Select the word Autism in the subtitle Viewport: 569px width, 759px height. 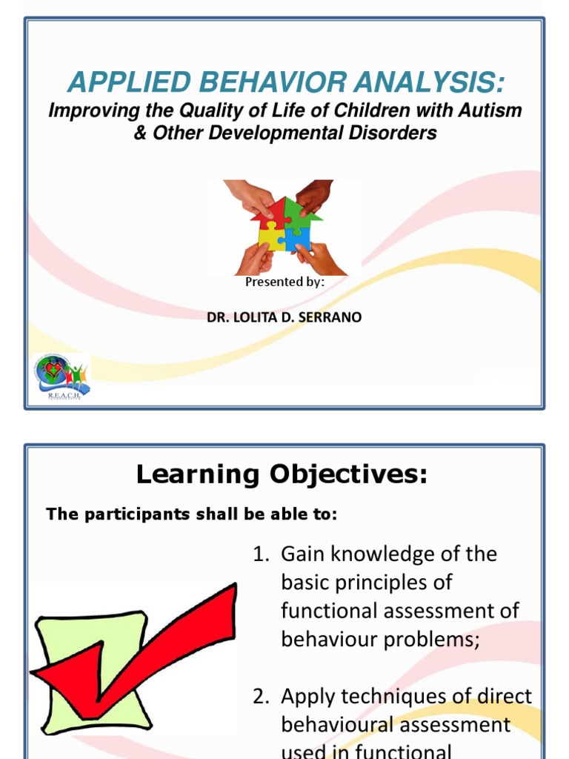pyautogui.click(x=490, y=111)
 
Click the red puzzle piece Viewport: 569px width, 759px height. pyautogui.click(x=271, y=215)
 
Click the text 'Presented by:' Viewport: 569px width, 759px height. pyautogui.click(x=284, y=282)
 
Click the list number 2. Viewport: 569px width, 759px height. pyautogui.click(x=259, y=697)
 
